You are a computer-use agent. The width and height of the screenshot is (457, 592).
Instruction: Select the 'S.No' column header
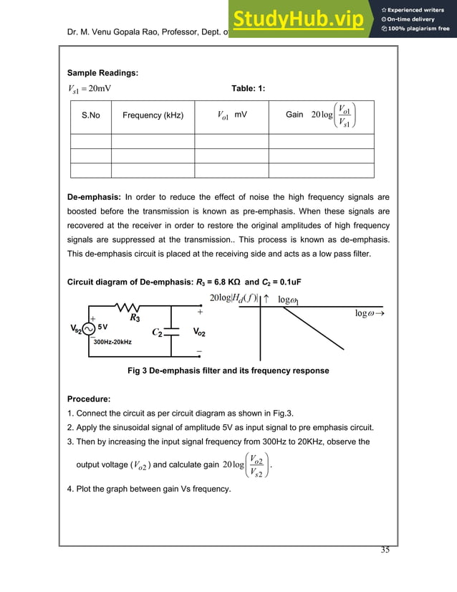click(90, 115)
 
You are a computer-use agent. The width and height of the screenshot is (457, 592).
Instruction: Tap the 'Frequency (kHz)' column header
click(153, 115)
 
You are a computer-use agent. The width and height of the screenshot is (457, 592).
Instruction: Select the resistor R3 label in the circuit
click(134, 315)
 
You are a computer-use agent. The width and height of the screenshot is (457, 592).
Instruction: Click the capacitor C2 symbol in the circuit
click(171, 332)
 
